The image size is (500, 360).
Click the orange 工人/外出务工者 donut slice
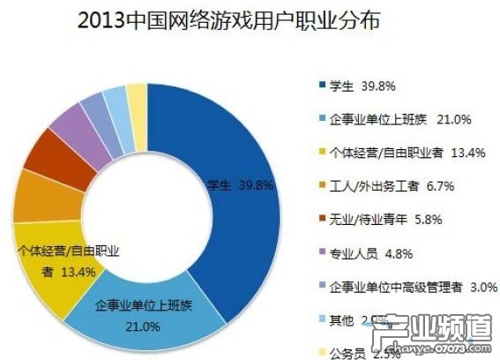point(36,197)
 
